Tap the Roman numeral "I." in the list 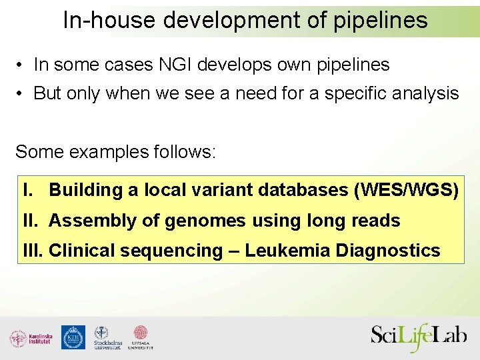28,191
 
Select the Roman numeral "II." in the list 31,221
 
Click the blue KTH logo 73,337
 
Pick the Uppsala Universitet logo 141,338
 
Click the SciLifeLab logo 418,337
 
